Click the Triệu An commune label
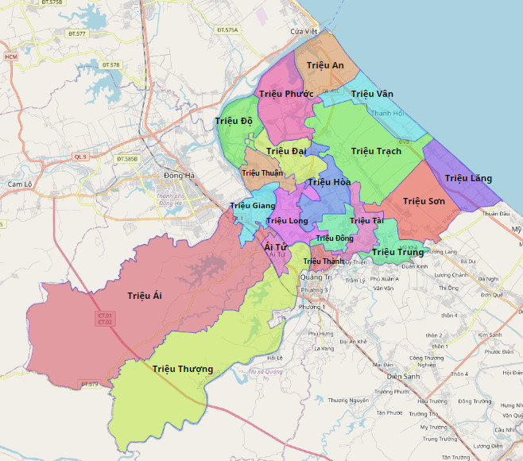point(325,65)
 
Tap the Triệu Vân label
point(372,94)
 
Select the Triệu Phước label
point(286,94)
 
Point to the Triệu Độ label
point(234,121)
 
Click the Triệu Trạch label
point(376,151)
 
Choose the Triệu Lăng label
point(468,178)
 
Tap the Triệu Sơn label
point(424,201)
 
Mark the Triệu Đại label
point(286,151)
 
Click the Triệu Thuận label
point(262,172)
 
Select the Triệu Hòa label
point(329,183)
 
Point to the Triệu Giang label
point(252,206)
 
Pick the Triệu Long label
point(287,220)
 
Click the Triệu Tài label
point(366,220)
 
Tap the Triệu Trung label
point(397,252)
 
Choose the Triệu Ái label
point(145,296)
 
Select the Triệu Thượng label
point(183,369)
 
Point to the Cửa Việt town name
point(304,31)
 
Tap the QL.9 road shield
point(80,157)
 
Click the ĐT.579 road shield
point(89,384)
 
